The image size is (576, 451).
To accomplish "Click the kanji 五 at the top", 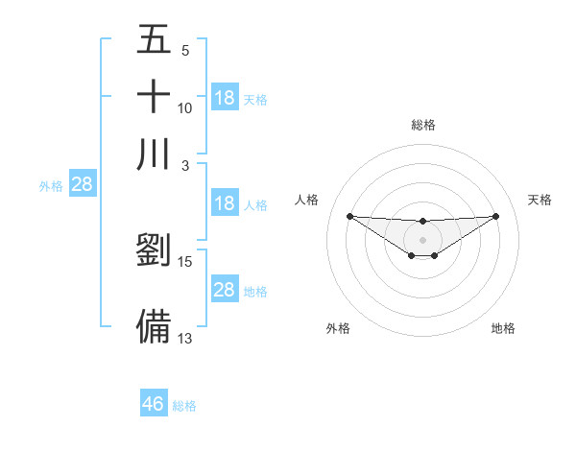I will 154,41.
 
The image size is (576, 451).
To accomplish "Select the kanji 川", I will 154,154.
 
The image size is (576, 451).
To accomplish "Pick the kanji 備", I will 154,325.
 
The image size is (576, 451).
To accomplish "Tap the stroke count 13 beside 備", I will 185,337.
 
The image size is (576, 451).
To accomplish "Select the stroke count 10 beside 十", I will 185,107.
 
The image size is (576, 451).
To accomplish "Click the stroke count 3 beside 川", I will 185,164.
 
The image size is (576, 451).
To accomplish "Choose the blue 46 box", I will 154,404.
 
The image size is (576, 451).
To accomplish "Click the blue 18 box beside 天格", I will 225,98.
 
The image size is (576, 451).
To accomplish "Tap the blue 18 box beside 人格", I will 225,203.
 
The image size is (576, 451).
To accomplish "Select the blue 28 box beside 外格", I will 82,185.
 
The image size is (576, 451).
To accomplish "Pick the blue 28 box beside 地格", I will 225,290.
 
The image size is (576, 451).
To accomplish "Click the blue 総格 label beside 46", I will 184,406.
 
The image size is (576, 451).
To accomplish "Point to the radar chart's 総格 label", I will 422,125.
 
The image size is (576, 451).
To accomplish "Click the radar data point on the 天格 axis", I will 496,216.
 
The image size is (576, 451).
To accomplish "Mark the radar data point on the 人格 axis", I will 349,216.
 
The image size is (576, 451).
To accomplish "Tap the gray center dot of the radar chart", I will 422,239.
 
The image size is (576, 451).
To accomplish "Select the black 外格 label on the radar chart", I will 338,328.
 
